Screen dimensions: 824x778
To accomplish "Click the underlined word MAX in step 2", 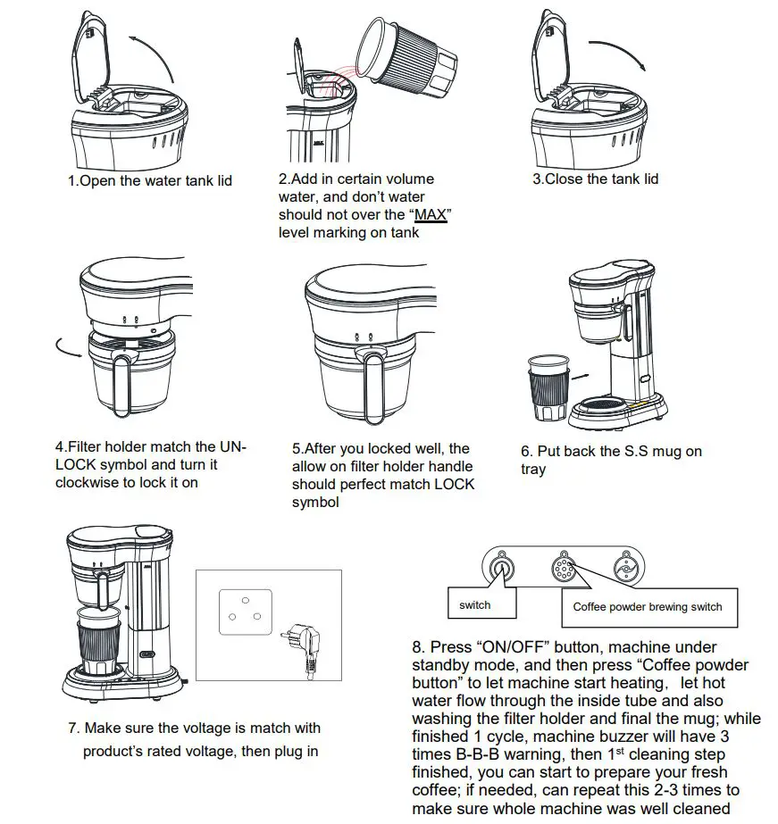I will [431, 215].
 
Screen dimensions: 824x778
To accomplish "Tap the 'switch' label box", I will [474, 604].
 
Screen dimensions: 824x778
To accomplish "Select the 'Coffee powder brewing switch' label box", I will [648, 606].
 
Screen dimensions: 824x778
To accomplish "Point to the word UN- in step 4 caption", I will [231, 446].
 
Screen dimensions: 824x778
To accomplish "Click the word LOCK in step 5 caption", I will [453, 484].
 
